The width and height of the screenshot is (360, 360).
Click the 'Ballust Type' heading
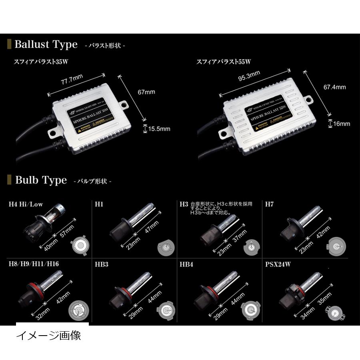click(46, 44)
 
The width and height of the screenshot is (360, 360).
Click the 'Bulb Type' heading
click(41, 180)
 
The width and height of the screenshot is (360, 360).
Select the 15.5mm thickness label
click(159, 129)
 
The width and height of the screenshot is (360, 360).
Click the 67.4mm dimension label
click(334, 87)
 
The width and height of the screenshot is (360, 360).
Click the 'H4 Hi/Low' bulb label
click(26, 204)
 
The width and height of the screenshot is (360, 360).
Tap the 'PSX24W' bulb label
click(279, 264)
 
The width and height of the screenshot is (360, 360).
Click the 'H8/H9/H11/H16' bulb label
click(34, 264)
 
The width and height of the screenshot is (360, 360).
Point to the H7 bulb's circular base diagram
click(335, 247)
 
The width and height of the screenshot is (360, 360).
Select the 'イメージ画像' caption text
click(48, 335)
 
